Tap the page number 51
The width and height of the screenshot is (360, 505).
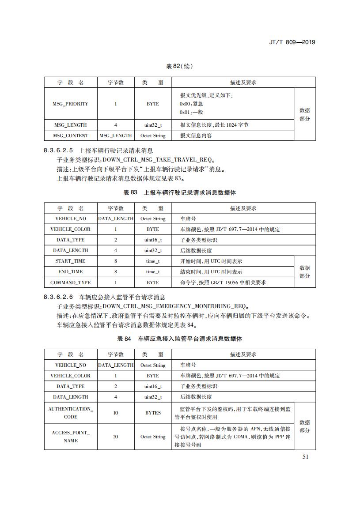click(305, 456)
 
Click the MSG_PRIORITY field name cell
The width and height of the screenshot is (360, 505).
click(70, 104)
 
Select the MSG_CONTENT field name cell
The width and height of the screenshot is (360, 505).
click(70, 136)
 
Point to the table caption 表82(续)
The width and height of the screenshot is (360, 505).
click(179, 66)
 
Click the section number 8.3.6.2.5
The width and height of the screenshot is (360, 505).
click(60, 151)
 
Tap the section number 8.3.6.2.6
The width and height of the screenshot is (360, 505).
click(60, 298)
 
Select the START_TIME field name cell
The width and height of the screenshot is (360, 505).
click(70, 261)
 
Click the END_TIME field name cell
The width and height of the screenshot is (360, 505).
click(70, 271)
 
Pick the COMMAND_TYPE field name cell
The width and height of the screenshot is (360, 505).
click(70, 282)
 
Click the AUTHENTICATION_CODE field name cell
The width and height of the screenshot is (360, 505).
click(70, 413)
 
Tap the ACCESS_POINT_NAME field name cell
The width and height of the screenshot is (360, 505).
click(70, 437)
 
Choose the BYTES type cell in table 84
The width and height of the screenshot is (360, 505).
click(153, 413)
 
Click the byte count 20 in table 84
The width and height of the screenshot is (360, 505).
click(115, 437)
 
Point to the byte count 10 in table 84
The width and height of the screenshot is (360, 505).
click(115, 413)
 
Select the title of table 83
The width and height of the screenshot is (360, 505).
click(179, 192)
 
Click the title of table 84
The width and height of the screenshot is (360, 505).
click(179, 339)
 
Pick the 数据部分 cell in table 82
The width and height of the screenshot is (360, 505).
click(305, 114)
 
